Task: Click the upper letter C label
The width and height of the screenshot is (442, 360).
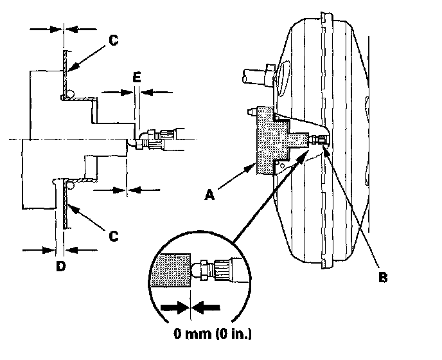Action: [113, 40]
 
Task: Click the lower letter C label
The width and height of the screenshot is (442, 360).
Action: [113, 236]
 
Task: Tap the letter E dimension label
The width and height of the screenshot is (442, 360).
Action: [137, 77]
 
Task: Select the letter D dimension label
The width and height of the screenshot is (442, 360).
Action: [61, 266]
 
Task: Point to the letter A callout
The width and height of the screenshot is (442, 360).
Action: [209, 195]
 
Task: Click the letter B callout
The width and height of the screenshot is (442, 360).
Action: [383, 277]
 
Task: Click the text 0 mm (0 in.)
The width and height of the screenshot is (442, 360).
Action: [213, 334]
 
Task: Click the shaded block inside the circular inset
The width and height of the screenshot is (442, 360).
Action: [171, 270]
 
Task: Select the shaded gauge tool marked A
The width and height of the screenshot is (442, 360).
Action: [277, 141]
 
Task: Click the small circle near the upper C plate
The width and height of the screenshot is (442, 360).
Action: [69, 93]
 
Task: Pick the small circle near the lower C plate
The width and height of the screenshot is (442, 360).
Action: [69, 186]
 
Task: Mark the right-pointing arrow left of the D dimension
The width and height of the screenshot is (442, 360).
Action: [39, 250]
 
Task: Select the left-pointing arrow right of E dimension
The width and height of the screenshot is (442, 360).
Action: [157, 92]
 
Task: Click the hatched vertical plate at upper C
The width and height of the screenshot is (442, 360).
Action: [66, 74]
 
